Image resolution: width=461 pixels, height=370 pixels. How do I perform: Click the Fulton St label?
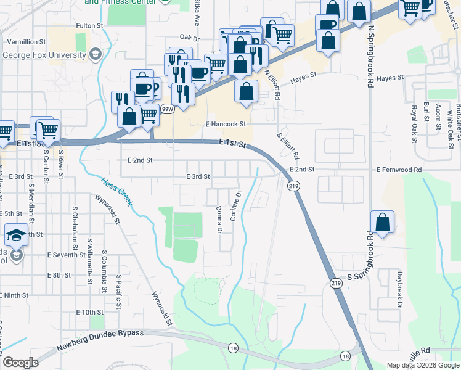pos(89,26)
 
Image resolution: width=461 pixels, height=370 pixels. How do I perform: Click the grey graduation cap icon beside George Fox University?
pos(95,55)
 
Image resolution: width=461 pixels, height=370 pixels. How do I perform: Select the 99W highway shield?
pos(166,109)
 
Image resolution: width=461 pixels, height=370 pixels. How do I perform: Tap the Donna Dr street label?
pos(219,220)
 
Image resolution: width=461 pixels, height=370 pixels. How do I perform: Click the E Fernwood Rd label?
pos(399,169)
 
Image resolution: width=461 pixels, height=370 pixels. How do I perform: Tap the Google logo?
pos(20,363)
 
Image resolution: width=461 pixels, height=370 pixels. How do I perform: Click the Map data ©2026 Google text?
pos(422,365)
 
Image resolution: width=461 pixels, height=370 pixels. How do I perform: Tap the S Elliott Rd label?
pos(288,146)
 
